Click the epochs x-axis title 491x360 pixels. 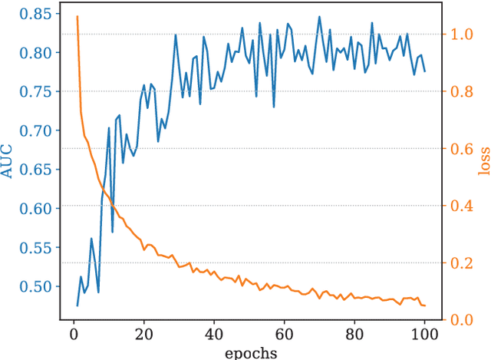251,352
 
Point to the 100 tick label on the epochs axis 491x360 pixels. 424,335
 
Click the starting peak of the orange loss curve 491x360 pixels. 77,16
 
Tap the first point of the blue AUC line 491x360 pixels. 77,306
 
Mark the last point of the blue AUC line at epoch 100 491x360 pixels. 425,71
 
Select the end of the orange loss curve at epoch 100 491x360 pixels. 425,306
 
